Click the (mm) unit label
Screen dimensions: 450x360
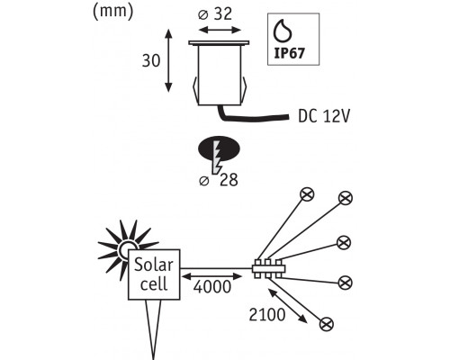coord(113,12)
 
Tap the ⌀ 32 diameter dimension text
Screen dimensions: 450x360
coord(215,13)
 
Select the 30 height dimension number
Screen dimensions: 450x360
coord(151,61)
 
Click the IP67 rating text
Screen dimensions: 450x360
coord(290,53)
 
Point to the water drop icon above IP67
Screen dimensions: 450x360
coord(283,31)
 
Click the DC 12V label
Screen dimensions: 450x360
coord(324,116)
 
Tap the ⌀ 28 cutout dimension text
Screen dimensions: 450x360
coord(219,180)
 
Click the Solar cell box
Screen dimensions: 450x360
coord(154,274)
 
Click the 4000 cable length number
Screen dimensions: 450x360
coord(212,287)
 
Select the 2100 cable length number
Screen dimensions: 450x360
coord(267,315)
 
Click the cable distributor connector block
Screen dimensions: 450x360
coord(268,268)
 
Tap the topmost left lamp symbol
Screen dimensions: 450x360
coord(307,194)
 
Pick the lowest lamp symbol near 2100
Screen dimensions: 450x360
coord(327,324)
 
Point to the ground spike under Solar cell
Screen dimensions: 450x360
coord(154,329)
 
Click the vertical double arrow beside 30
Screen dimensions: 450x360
coord(168,60)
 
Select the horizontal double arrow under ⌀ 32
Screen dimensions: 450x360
coord(220,30)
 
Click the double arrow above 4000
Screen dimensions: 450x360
coord(212,276)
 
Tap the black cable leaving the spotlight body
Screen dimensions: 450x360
coord(251,116)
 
